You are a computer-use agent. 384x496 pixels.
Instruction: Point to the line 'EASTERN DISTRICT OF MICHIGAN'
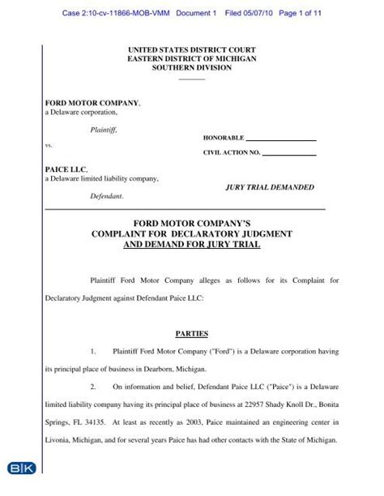(192, 59)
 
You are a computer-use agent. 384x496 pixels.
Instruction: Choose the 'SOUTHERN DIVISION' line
(192, 68)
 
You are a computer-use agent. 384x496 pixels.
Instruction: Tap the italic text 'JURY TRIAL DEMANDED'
(269, 186)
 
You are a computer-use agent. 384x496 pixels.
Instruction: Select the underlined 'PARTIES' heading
(192, 333)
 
